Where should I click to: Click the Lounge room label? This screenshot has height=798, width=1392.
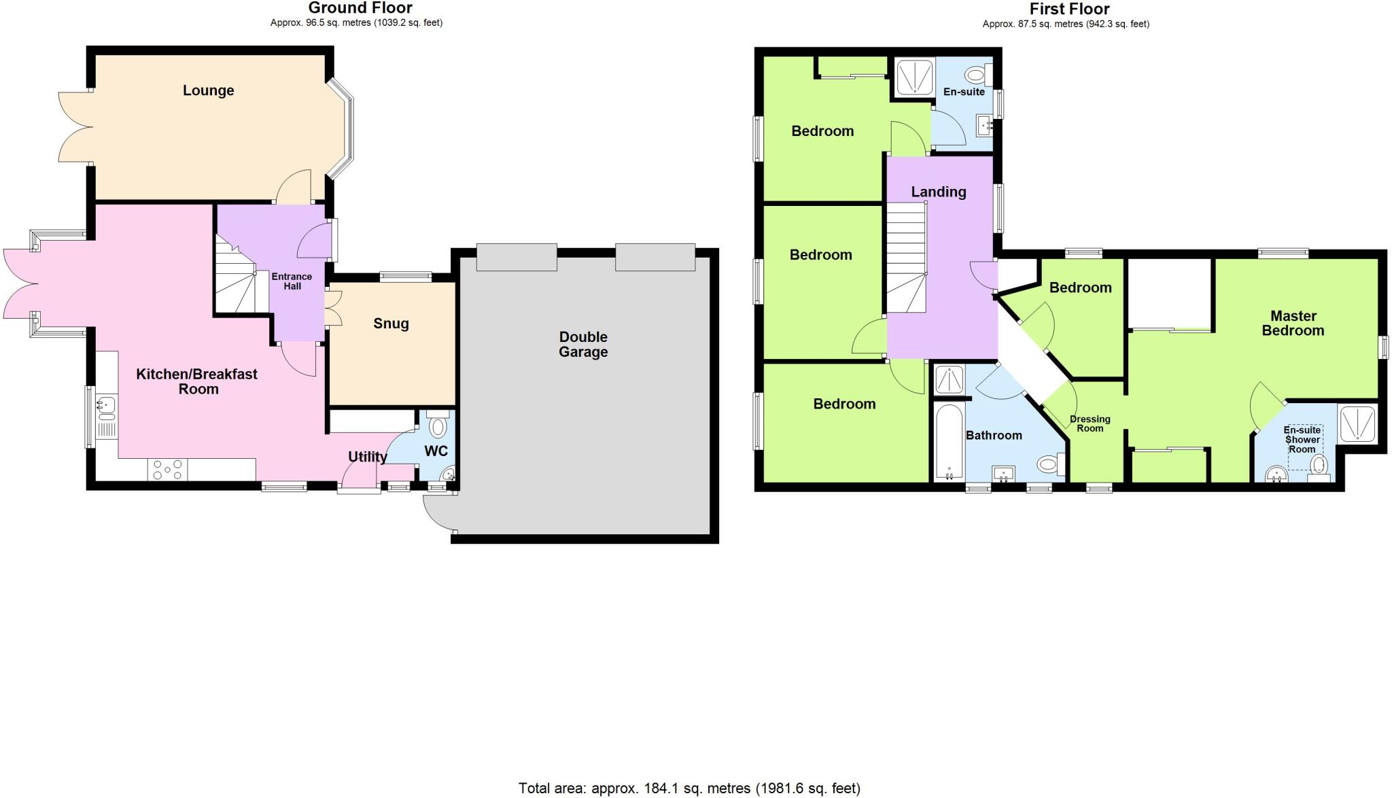pos(208,90)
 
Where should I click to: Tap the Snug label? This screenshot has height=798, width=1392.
pos(391,324)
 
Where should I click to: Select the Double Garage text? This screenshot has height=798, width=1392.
pos(583,345)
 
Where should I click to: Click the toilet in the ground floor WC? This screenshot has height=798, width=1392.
pos(438,426)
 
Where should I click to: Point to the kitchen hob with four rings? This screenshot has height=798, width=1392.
pos(168,470)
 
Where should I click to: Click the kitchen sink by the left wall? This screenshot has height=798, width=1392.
pos(106,406)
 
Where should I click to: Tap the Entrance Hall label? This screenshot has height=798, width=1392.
pos(292,281)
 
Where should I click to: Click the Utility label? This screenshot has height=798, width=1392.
pos(368,457)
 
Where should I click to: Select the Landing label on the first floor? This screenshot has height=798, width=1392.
pos(939,192)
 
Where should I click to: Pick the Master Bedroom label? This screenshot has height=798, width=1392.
pos(1293,324)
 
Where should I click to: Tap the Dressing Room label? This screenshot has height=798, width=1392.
pos(1090,423)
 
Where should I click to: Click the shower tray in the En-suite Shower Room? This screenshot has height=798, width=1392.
pos(1357,423)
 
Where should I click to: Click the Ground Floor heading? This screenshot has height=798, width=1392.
pos(360,8)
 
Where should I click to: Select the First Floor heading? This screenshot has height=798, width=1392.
pos(1069,9)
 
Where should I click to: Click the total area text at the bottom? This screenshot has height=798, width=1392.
pos(689,788)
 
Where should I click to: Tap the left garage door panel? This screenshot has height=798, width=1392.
pos(517,257)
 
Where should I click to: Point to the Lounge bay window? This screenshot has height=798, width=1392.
pos(344,129)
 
